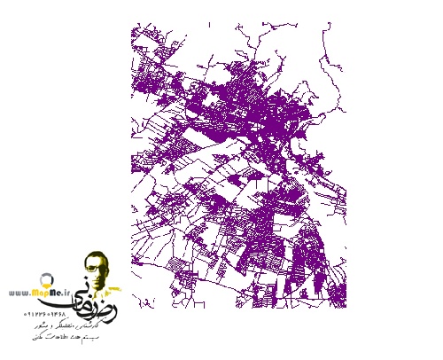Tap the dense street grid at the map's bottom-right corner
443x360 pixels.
coord(315,266)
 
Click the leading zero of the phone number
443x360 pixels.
coord(26,314)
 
